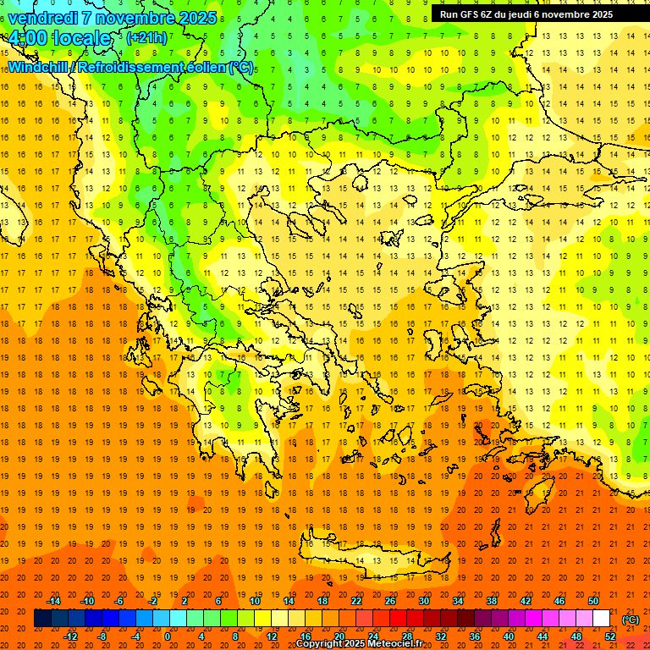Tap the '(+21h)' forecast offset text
click(146, 38)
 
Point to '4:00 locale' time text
click(59, 38)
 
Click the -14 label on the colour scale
click(53, 600)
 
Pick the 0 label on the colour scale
click(167, 636)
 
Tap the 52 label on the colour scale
click(610, 636)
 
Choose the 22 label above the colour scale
click(356, 600)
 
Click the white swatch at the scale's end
click(601, 619)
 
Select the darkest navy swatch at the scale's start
click(42, 619)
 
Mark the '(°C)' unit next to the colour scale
click(631, 619)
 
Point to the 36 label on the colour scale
click(475, 636)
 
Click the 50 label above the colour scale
click(592, 600)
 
